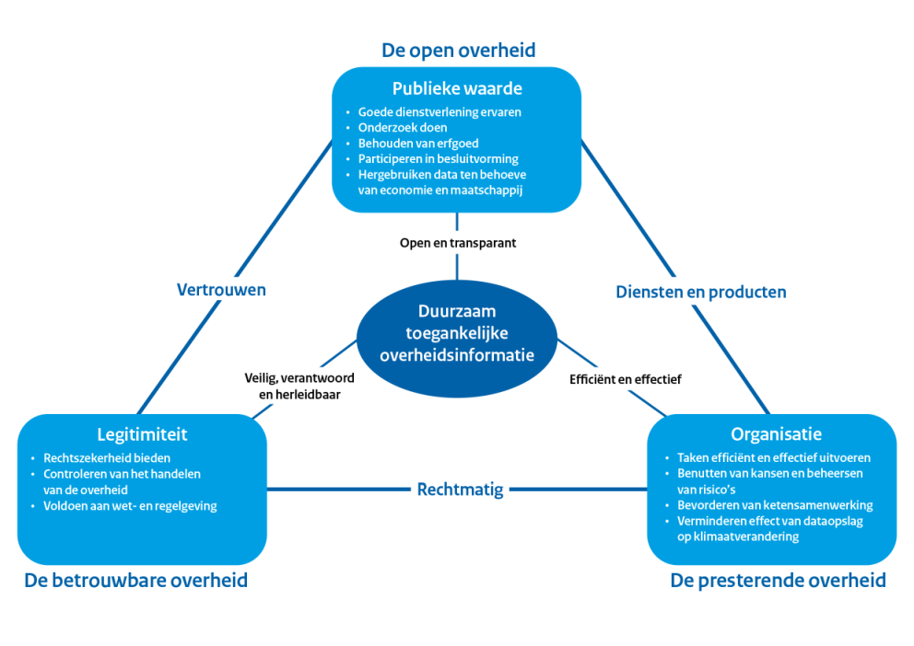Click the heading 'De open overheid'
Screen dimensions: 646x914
point(458,50)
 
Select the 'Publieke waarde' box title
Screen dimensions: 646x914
point(457,89)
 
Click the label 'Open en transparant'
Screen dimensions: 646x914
point(457,244)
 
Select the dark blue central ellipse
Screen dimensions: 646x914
point(457,333)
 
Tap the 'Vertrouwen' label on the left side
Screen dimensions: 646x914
point(221,290)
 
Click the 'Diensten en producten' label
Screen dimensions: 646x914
point(700,292)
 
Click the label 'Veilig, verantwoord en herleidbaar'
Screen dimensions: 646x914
point(299,386)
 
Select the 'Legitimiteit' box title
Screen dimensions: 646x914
point(142,434)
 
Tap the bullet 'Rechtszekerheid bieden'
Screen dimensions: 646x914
point(107,457)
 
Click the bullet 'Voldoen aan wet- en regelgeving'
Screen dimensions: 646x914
point(130,505)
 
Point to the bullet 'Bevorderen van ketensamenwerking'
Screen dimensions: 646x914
point(774,505)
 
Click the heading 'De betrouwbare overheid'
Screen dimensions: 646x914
point(135,581)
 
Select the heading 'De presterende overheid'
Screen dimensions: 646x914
point(778,581)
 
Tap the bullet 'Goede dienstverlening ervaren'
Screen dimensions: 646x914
point(439,112)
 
